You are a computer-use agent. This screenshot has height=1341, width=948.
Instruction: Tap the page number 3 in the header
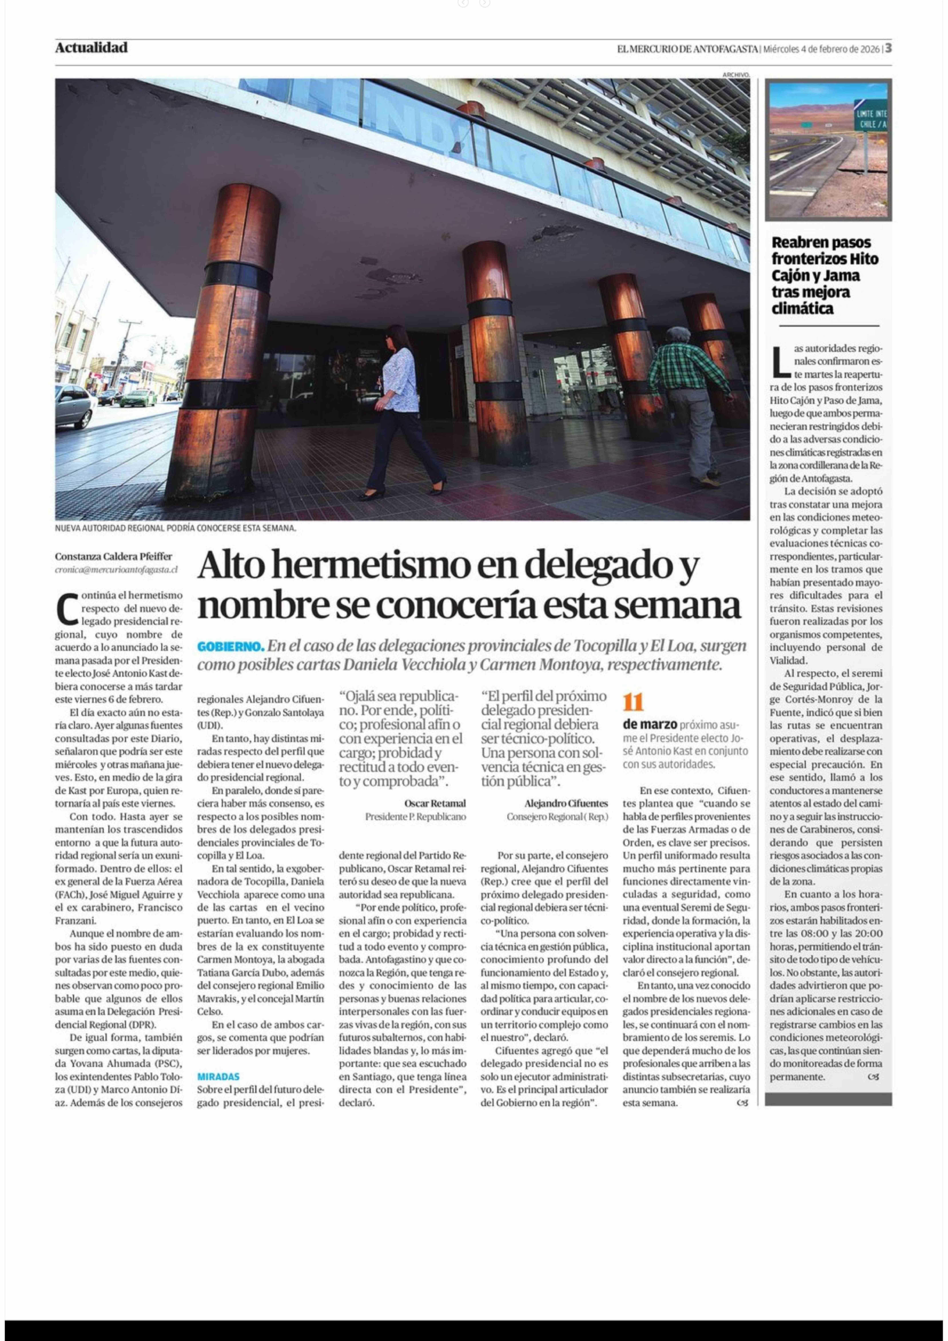pos(888,48)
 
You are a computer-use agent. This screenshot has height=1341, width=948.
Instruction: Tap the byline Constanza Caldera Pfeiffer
pos(114,557)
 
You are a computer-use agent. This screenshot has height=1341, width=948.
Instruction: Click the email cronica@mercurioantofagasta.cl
pos(116,569)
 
